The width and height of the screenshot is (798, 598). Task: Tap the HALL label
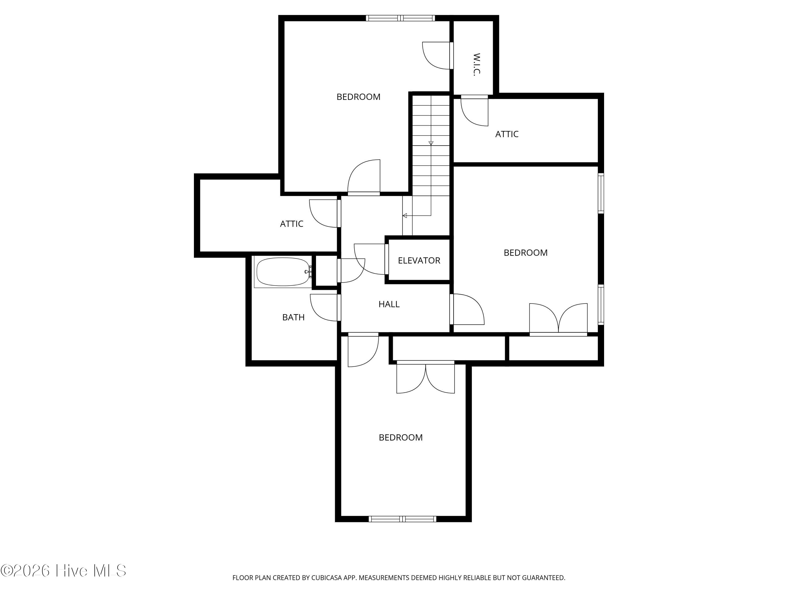pyautogui.click(x=389, y=304)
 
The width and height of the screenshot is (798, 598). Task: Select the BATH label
pyautogui.click(x=293, y=317)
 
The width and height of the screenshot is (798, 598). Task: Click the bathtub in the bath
pyautogui.click(x=283, y=272)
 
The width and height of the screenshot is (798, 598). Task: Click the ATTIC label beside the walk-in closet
pyautogui.click(x=507, y=134)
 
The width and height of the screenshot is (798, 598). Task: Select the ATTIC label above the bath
pyautogui.click(x=292, y=224)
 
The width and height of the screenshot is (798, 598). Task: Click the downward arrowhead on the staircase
pyautogui.click(x=431, y=143)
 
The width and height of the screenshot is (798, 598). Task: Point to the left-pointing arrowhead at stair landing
pyautogui.click(x=405, y=216)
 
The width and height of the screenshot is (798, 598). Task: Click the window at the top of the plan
pyautogui.click(x=400, y=18)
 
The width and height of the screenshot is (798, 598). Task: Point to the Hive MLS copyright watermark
pyautogui.click(x=64, y=571)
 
